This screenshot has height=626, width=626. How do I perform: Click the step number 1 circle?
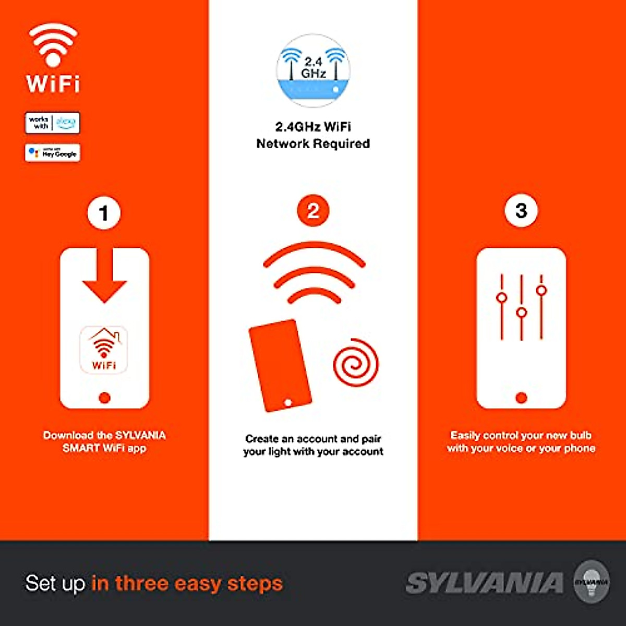click(104, 213)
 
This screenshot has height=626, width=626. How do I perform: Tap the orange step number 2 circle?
click(313, 211)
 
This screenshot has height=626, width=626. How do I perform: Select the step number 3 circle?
click(521, 211)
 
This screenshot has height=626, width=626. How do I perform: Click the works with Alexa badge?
click(53, 123)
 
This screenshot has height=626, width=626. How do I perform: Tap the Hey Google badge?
click(53, 153)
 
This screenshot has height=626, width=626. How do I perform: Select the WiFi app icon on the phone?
click(104, 350)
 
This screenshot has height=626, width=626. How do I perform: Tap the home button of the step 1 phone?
click(104, 398)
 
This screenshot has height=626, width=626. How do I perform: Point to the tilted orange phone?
click(280, 365)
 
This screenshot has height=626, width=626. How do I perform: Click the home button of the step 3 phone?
click(521, 398)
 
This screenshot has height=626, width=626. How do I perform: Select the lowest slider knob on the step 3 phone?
click(522, 313)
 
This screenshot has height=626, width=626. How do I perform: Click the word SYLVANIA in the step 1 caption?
click(140, 435)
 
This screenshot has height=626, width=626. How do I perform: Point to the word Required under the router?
click(342, 143)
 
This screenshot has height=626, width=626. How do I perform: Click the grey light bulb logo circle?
click(592, 582)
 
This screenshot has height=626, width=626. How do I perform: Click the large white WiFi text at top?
click(53, 83)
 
